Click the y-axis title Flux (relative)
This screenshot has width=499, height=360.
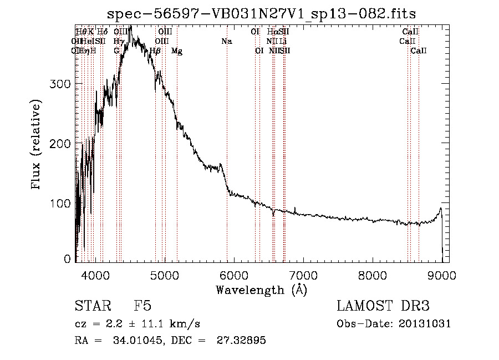tap(37, 145)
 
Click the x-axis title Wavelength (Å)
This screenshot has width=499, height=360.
tap(261, 290)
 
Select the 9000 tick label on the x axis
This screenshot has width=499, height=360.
tap(442, 275)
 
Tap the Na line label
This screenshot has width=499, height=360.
tap(226, 42)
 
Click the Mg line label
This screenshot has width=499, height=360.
tap(177, 51)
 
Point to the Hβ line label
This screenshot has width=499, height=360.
tap(155, 51)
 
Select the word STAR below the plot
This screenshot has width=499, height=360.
tap(91, 307)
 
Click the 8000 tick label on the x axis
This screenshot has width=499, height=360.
tap(372, 275)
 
